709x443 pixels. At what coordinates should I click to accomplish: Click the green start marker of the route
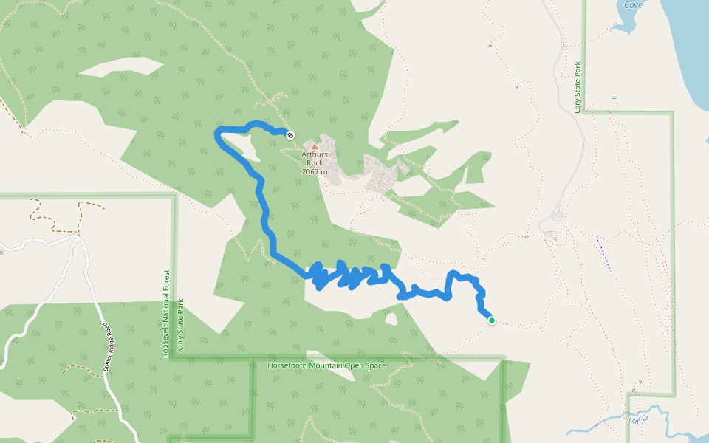(x=491, y=320)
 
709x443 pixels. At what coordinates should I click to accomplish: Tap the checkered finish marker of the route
(x=291, y=134)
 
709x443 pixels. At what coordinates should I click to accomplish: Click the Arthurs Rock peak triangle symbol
(x=315, y=147)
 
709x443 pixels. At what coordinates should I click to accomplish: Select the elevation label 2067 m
(x=315, y=171)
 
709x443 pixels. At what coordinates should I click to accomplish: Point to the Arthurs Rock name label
(x=315, y=159)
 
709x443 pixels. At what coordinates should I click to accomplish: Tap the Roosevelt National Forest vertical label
(x=165, y=314)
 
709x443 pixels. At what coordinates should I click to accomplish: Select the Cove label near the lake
(x=633, y=5)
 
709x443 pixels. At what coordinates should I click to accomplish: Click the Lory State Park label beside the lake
(x=578, y=87)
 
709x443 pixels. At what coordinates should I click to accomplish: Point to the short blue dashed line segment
(x=603, y=252)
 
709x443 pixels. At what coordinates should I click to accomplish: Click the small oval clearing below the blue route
(x=391, y=320)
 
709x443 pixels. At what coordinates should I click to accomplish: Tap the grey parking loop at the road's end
(x=550, y=235)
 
